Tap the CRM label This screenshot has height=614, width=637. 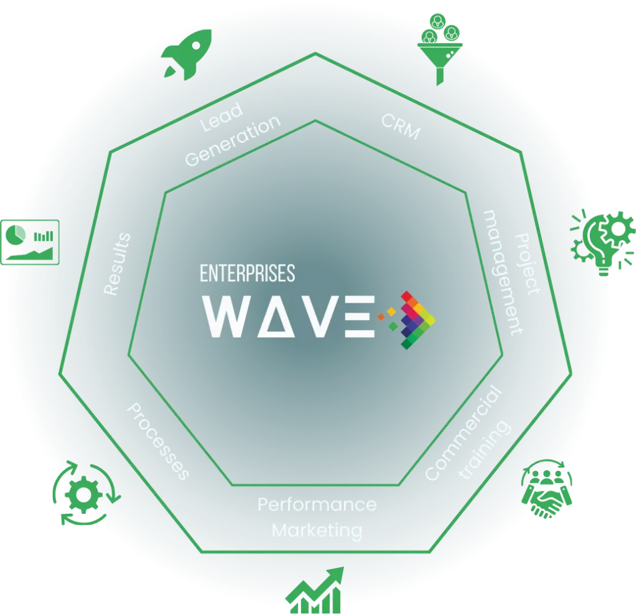[x=401, y=126]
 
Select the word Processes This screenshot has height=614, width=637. [x=157, y=441]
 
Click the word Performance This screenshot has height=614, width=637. [x=317, y=504]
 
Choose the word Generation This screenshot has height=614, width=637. [x=233, y=140]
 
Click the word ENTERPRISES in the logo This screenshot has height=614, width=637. [x=247, y=273]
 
